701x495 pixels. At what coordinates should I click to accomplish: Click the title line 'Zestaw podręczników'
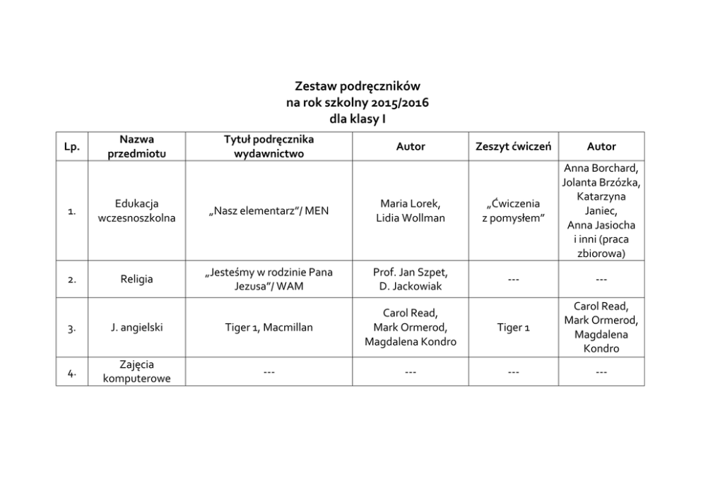tap(357, 87)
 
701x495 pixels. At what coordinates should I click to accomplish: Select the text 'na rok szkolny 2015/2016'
tap(357, 103)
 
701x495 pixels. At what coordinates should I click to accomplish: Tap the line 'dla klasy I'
tap(357, 119)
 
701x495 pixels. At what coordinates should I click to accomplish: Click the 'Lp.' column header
tap(71, 147)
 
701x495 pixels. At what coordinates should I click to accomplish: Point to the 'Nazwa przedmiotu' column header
tap(136, 147)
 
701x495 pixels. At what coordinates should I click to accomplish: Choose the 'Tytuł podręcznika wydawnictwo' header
tap(269, 147)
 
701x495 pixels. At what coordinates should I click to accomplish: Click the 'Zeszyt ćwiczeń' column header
tap(514, 147)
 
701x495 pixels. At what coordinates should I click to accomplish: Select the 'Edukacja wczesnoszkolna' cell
tap(136, 210)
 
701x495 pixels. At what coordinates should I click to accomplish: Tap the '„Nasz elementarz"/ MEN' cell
tap(269, 210)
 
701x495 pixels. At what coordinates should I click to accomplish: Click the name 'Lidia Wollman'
tap(411, 218)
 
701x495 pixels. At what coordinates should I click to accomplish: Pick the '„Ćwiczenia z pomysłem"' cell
tap(514, 210)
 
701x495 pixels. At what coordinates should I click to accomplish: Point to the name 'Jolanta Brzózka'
tap(601, 182)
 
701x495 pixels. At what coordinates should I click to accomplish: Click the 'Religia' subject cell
tap(136, 280)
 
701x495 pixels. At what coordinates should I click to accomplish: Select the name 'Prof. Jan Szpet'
tap(411, 272)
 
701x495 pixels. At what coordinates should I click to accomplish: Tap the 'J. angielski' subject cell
tap(136, 328)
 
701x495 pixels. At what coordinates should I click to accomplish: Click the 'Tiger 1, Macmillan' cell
tap(269, 328)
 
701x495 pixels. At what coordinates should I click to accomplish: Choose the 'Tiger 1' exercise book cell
tap(514, 328)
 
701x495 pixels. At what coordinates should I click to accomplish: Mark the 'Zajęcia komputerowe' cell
tap(136, 371)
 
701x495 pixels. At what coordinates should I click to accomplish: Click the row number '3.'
tap(71, 328)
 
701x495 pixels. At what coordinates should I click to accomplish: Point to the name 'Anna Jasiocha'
tap(601, 225)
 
